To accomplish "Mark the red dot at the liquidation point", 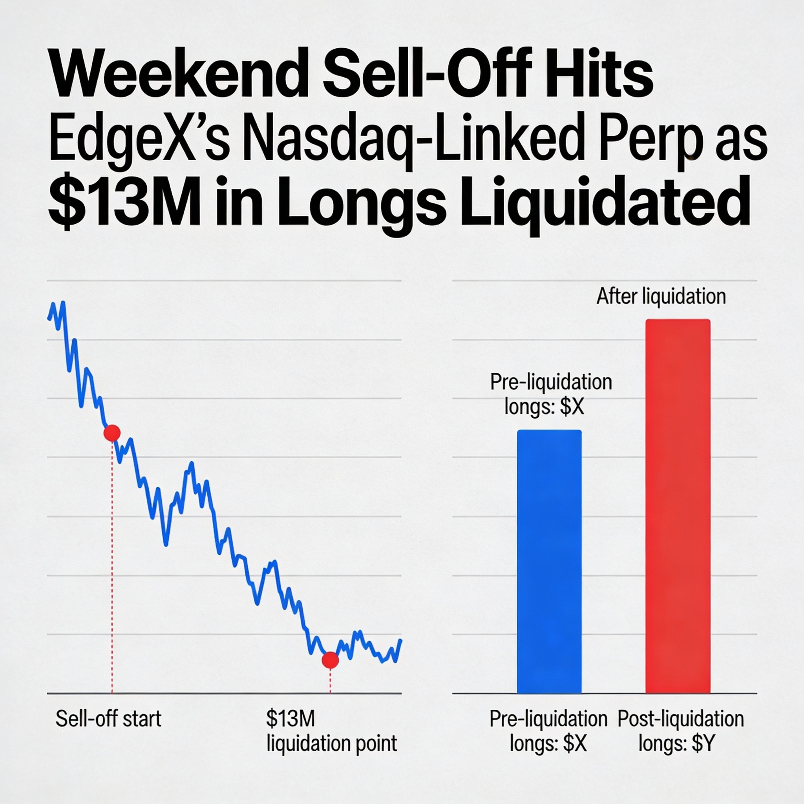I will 331,660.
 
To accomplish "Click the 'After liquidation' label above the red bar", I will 661,297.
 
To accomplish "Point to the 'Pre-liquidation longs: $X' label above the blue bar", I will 550,394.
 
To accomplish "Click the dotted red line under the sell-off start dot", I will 112,562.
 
